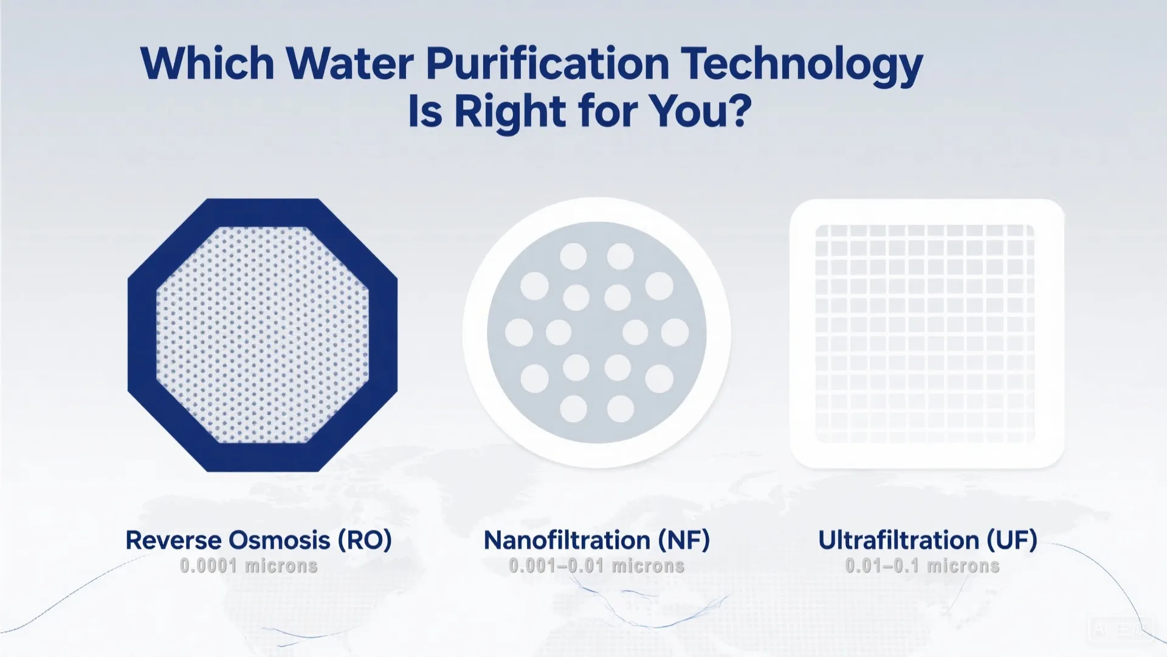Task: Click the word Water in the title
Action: tap(350, 63)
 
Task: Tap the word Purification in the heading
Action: tap(547, 63)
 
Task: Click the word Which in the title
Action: tap(207, 63)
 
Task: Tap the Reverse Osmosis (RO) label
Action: tap(258, 540)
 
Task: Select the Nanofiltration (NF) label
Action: tap(596, 540)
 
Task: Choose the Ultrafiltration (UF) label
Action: tap(927, 540)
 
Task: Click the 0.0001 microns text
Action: tap(249, 566)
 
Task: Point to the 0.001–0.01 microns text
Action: tap(596, 566)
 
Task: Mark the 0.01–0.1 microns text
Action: tap(922, 566)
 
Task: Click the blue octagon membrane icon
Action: tap(263, 335)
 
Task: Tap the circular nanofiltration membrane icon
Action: tap(596, 332)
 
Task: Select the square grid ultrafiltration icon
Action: tap(926, 333)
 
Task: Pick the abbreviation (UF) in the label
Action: tap(1011, 540)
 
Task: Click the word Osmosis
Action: tap(278, 540)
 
